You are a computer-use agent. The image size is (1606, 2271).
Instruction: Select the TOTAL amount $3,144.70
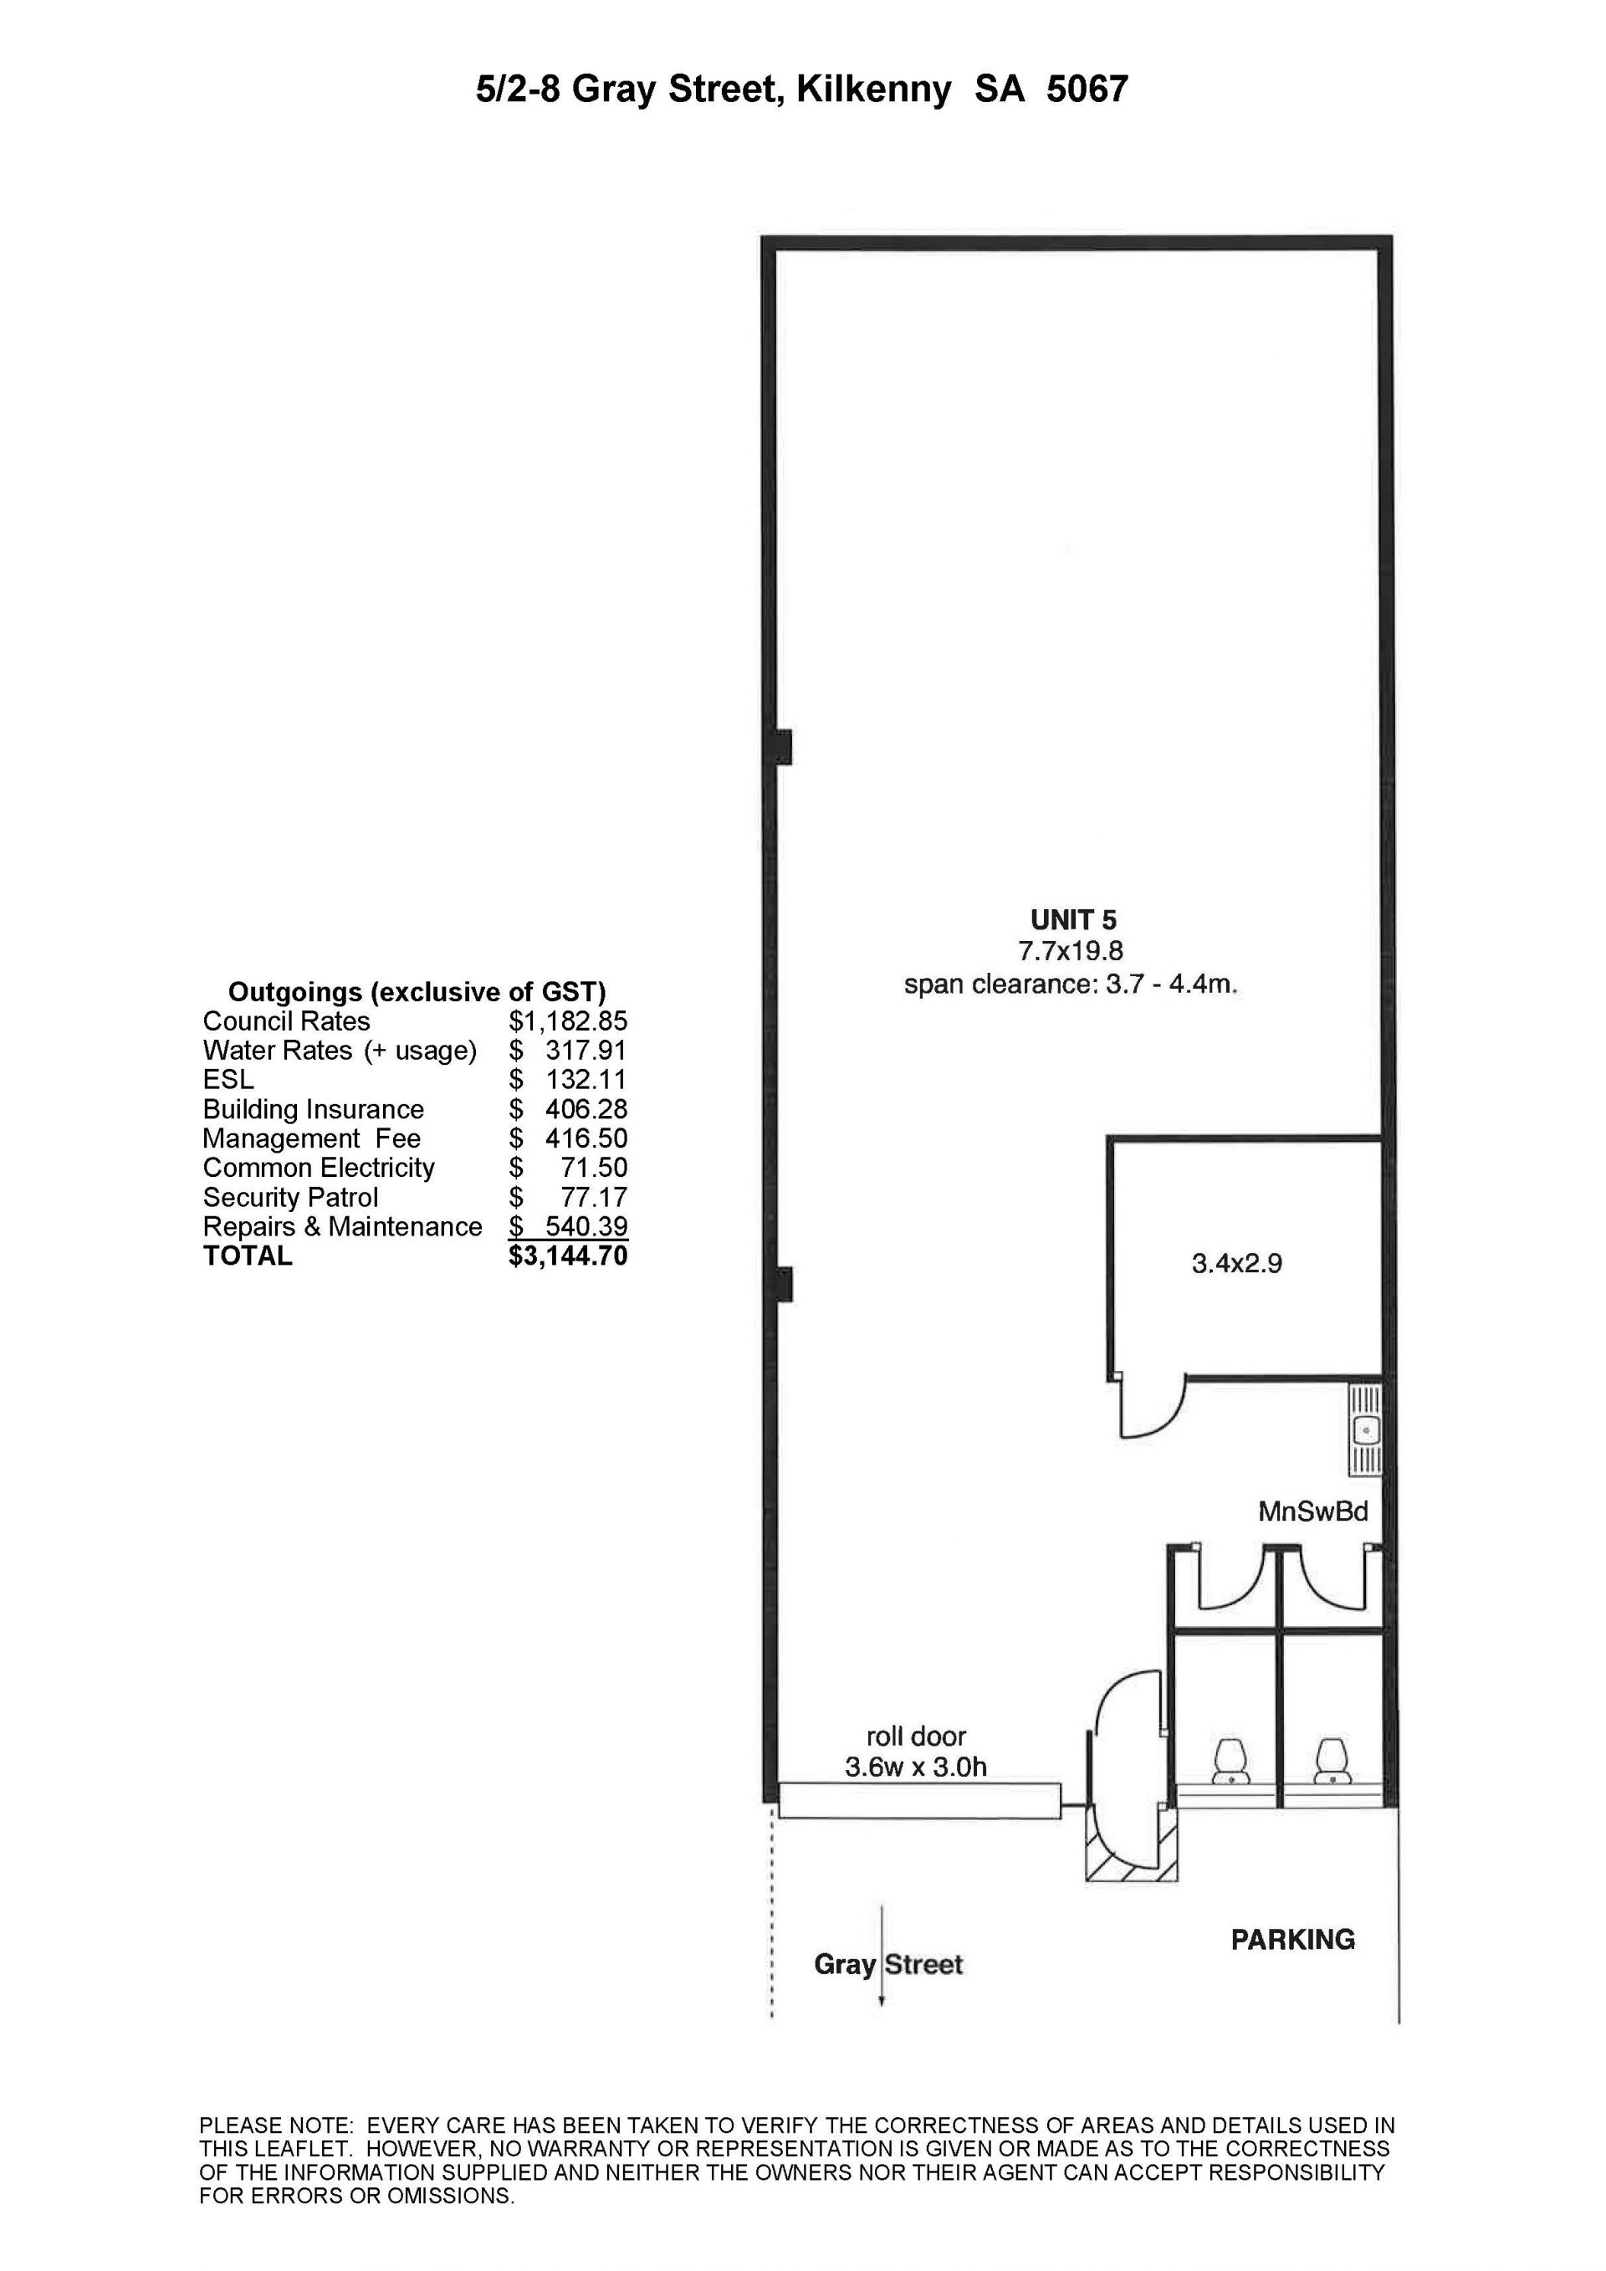click(x=568, y=1256)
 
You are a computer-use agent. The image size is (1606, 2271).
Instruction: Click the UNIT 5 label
click(x=1073, y=920)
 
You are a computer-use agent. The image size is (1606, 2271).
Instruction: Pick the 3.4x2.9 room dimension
click(x=1236, y=1263)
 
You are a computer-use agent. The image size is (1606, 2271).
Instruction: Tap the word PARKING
click(x=1292, y=1940)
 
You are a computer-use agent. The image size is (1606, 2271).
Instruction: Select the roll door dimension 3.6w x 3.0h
click(x=916, y=1767)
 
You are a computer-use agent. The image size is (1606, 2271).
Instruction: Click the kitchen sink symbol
click(x=1365, y=1430)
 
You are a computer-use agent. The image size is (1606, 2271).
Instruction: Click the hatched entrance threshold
click(x=1132, y=1854)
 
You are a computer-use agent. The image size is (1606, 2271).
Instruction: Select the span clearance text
click(x=1071, y=985)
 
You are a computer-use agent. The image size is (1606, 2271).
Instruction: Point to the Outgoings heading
click(x=417, y=992)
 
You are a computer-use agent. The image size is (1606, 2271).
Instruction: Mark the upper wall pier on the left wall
click(x=782, y=747)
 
